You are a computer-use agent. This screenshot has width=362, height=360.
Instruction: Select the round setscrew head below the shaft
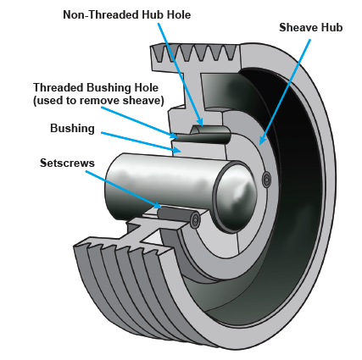(x=195, y=220)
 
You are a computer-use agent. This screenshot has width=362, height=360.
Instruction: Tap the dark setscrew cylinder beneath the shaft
(x=174, y=212)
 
